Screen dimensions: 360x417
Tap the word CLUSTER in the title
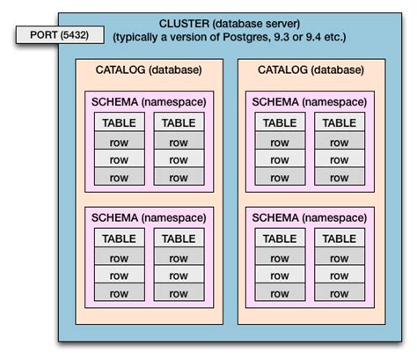(x=185, y=23)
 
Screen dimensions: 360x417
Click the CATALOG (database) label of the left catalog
(x=149, y=70)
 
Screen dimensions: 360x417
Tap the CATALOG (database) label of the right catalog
(x=310, y=70)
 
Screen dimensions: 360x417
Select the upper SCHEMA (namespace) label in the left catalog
(x=149, y=102)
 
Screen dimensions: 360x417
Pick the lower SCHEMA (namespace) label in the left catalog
(x=149, y=217)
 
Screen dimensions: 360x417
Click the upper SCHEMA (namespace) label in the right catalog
(x=310, y=102)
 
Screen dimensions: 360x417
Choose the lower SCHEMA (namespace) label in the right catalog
(x=310, y=217)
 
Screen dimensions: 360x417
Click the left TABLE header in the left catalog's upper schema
(x=119, y=123)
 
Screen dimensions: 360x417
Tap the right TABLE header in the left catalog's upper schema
(x=179, y=123)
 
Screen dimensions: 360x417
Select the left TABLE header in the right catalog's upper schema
(x=280, y=123)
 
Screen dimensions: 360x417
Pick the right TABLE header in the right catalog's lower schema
(x=340, y=239)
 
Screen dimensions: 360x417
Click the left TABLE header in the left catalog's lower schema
(x=119, y=239)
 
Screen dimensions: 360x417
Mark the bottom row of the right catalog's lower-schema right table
(x=340, y=293)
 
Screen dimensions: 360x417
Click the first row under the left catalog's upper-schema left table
(x=119, y=142)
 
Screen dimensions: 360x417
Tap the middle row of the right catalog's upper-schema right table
(x=340, y=159)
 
